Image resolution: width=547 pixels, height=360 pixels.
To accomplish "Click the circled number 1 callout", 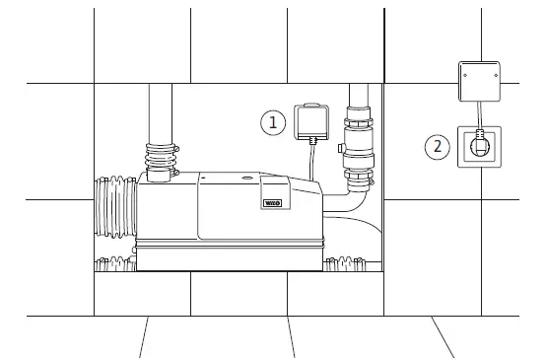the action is pyautogui.click(x=273, y=123).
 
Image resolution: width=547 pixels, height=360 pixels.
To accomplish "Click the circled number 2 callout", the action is pyautogui.click(x=438, y=148).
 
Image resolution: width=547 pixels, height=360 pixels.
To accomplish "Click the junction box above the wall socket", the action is pyautogui.click(x=480, y=79).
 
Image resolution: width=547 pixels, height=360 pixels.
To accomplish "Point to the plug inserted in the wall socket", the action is pyautogui.click(x=480, y=147).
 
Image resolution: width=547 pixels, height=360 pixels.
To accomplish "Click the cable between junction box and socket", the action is pyautogui.click(x=480, y=112).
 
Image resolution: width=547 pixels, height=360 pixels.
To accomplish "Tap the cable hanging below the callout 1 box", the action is pyautogui.click(x=311, y=158).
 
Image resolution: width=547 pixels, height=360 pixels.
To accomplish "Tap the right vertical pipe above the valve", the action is pyautogui.click(x=360, y=99).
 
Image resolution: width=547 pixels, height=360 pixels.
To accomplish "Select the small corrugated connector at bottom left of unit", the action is pyautogui.click(x=114, y=264).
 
